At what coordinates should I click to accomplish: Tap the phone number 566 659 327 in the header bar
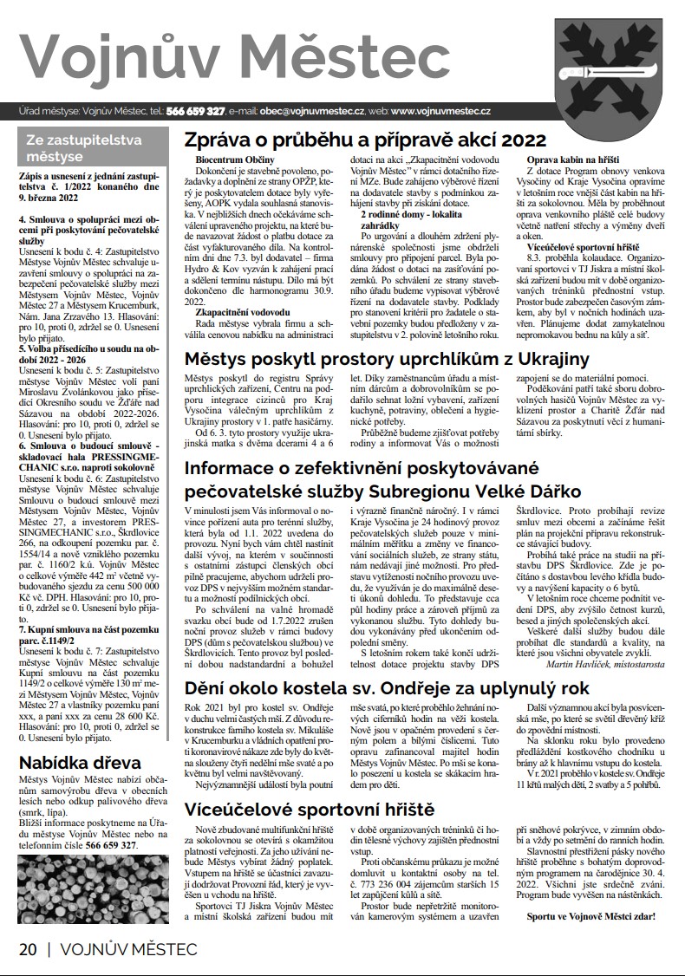coord(196,112)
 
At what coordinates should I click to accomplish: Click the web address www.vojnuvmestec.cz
coord(441,112)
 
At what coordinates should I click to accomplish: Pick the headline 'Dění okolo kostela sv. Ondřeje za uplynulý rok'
coord(388,689)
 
